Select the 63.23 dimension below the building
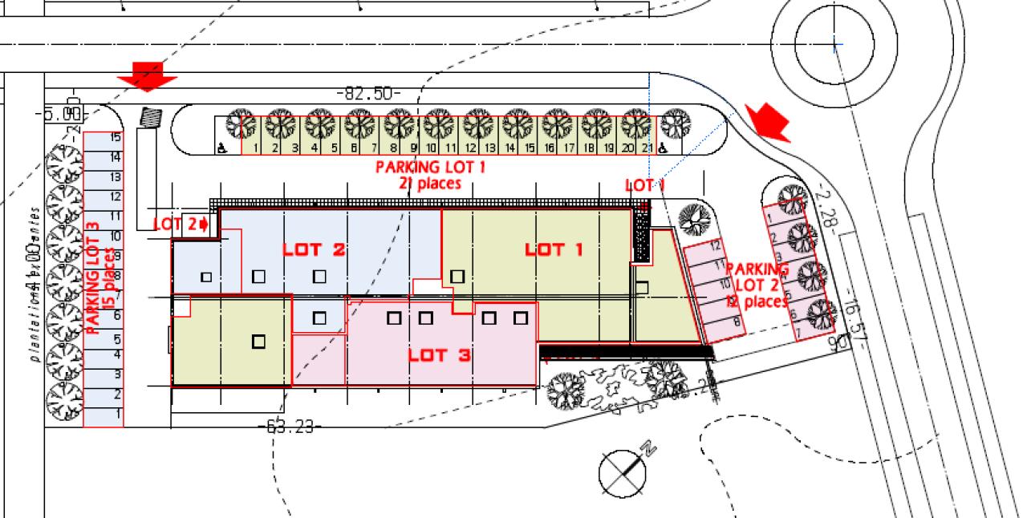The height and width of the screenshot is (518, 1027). (x=290, y=427)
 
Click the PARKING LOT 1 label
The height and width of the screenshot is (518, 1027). (x=430, y=168)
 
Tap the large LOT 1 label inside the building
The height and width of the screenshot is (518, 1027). (x=554, y=249)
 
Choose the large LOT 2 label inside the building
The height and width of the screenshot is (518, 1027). (x=314, y=249)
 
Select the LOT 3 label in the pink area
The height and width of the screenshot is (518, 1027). (x=439, y=354)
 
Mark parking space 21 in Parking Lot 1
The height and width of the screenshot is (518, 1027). (x=646, y=148)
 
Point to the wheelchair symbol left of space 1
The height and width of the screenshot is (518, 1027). (x=222, y=148)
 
